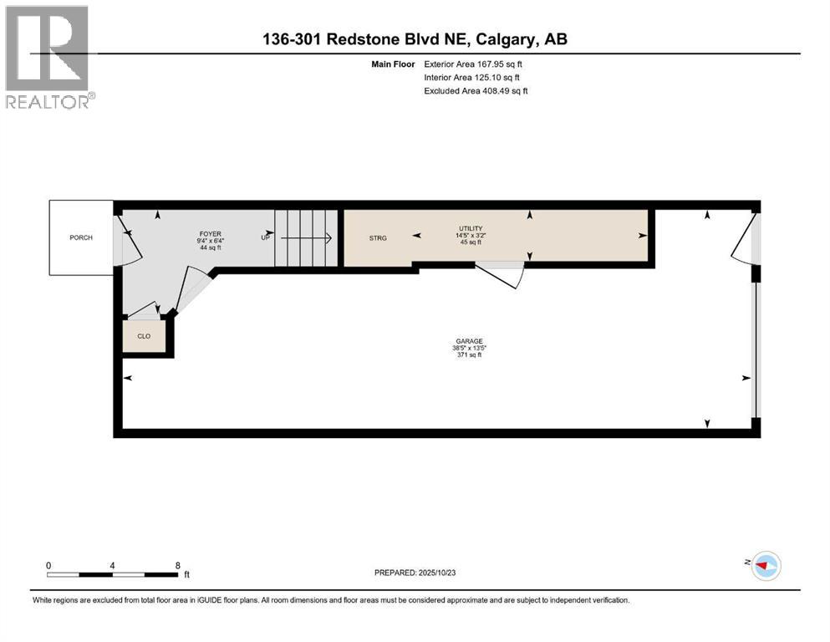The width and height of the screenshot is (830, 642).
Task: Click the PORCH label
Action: point(81,238)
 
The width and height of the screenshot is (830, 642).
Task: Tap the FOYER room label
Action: point(210,234)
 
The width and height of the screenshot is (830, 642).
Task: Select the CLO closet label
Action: point(144,336)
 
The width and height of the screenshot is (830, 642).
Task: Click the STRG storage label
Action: point(378,238)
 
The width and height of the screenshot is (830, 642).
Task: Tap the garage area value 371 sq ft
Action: point(468,355)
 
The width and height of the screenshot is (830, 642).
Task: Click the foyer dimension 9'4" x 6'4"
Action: point(210,242)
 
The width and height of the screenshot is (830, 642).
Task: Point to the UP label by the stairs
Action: point(266,238)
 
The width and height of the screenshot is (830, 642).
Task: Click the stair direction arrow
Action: point(306,238)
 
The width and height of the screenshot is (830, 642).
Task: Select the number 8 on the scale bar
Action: point(177,565)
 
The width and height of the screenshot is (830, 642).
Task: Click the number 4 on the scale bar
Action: point(112,565)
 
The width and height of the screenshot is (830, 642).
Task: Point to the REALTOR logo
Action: point(48,57)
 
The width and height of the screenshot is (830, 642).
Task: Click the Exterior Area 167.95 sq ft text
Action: point(476,64)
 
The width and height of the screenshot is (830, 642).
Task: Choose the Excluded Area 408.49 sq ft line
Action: point(476,90)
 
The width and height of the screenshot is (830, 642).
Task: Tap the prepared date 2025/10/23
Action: point(415,573)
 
